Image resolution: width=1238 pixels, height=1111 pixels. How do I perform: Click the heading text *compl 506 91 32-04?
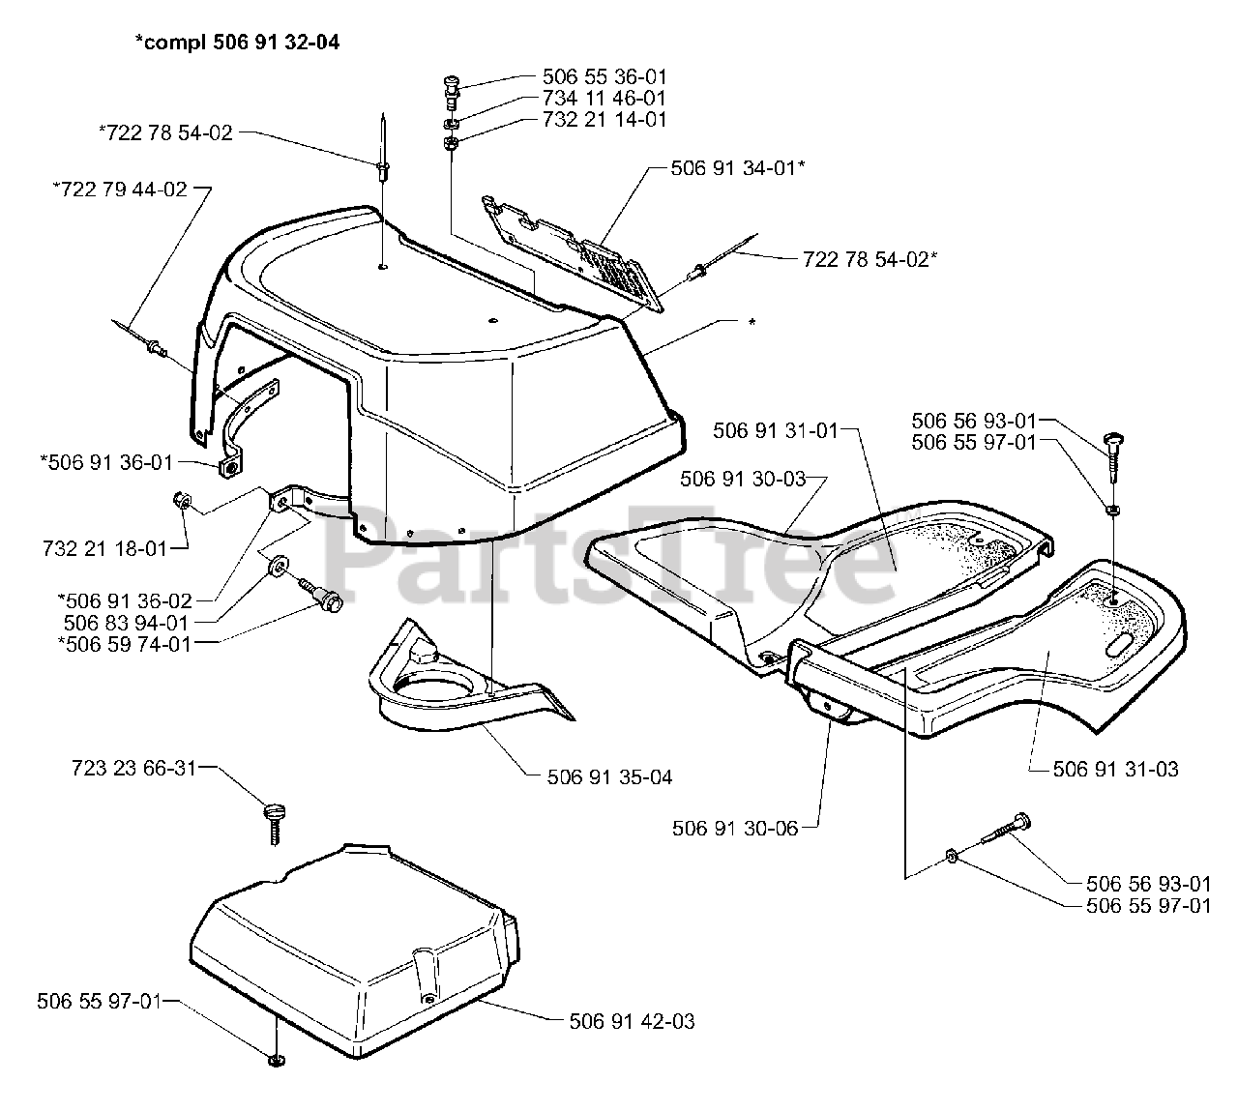(x=236, y=43)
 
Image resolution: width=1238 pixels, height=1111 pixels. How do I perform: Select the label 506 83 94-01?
(x=126, y=623)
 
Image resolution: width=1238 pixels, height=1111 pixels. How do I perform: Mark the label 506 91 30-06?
(x=735, y=828)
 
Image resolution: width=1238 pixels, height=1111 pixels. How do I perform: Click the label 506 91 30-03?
(x=742, y=479)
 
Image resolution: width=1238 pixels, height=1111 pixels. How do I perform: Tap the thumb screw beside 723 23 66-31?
(x=273, y=817)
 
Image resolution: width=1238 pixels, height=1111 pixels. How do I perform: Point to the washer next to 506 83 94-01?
(x=280, y=564)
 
